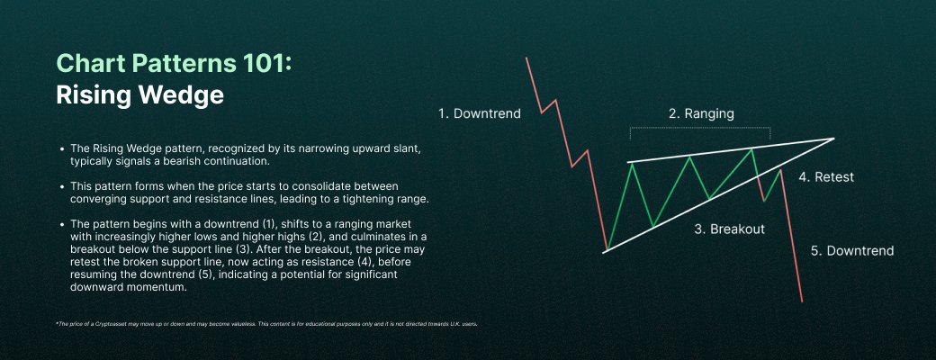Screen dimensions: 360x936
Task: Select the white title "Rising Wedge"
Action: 139,94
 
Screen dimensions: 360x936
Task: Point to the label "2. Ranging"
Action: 701,114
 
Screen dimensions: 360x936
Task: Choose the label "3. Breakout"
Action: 729,229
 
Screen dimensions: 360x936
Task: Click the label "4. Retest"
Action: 825,177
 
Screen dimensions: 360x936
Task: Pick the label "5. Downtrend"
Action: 851,250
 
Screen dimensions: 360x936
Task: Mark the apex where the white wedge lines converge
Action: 834,139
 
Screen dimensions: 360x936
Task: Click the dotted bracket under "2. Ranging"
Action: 700,129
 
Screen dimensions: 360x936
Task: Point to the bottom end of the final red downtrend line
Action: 801,301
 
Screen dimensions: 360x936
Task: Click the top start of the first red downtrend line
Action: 526,58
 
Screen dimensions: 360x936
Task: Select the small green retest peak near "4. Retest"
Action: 778,171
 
